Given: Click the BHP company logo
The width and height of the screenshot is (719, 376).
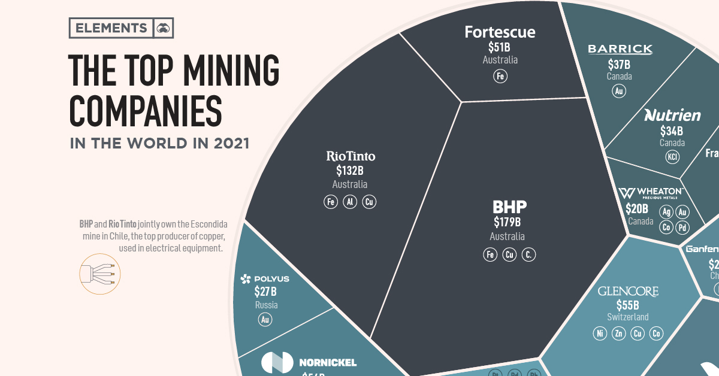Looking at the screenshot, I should [509, 207].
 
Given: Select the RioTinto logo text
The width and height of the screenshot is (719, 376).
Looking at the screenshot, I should [351, 156].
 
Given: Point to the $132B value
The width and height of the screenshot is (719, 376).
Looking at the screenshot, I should [350, 171].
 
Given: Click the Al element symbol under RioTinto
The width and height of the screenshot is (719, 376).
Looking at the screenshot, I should [350, 202].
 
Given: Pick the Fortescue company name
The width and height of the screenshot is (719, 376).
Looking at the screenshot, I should [500, 32].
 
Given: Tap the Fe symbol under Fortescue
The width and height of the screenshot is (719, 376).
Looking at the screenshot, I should [500, 76].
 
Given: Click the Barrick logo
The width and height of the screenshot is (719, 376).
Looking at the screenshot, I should [620, 49].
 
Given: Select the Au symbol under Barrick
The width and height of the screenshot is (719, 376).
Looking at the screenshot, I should [619, 91].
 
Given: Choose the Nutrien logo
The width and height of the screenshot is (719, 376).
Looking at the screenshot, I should [672, 115].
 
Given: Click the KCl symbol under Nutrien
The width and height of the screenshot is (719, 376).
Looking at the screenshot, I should [672, 157].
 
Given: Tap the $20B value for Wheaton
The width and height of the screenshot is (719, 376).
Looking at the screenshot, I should [637, 209].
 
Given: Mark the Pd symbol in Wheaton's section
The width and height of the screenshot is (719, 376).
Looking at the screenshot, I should [682, 228].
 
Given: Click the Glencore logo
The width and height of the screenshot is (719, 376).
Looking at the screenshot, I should [628, 292].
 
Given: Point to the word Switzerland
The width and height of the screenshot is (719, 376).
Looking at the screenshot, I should [628, 317].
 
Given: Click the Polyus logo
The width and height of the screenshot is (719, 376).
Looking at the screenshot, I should [264, 279].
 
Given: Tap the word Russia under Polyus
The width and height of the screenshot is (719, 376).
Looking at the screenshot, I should [265, 305].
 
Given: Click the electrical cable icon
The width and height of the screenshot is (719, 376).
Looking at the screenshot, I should [100, 274].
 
